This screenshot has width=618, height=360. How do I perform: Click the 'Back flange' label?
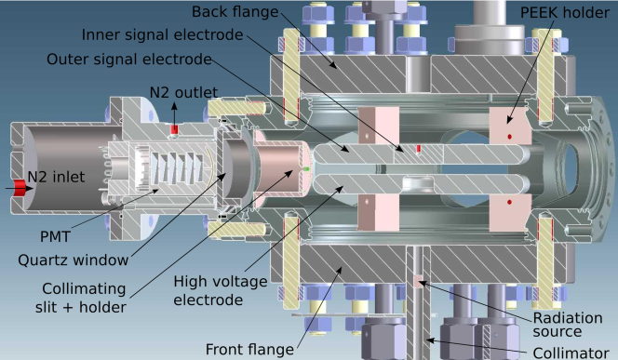[235, 12]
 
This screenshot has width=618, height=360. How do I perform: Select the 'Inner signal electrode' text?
[162, 35]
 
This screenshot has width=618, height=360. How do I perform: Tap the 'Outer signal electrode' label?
[129, 60]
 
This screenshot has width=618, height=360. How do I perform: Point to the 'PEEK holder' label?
[565, 13]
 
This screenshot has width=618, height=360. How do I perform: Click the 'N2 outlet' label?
[183, 93]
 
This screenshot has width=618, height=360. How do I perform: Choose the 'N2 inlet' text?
[56, 177]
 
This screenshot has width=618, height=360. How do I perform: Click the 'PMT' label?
[55, 236]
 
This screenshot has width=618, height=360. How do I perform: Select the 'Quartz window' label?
[74, 260]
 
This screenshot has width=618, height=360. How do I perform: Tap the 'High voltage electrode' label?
[221, 290]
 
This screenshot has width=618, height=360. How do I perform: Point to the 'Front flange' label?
[249, 350]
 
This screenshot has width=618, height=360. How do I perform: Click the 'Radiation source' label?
[568, 325]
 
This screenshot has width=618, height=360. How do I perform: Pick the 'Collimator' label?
[571, 353]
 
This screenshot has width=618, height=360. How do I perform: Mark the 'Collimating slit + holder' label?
[81, 298]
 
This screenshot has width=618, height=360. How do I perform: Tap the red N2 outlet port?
[174, 129]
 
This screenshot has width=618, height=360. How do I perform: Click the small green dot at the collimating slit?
[307, 169]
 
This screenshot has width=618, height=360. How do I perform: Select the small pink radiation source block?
[418, 282]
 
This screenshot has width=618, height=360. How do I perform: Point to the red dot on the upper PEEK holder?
[510, 137]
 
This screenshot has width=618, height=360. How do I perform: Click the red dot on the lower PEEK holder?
[510, 202]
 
